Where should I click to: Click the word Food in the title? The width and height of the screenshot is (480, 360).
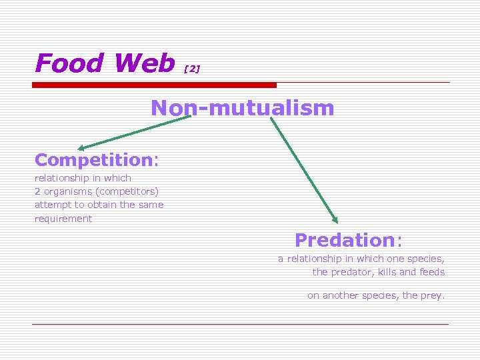coord(69,63)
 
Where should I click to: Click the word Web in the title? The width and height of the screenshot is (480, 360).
coord(144,63)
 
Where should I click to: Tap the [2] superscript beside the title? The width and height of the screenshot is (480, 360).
coord(191,69)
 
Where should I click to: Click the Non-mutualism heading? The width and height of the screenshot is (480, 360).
coord(242,108)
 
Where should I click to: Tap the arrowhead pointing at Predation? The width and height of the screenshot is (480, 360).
coord(335,219)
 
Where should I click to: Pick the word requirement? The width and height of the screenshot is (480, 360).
coord(63,219)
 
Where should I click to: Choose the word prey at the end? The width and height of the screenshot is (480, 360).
coord(431,295)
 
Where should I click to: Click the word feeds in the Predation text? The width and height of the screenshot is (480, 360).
coord(432,272)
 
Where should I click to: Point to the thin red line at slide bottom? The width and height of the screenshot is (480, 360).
coord(240,325)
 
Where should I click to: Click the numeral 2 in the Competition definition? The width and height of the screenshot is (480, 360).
coord(37,192)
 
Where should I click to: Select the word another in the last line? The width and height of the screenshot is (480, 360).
coord(342,295)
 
